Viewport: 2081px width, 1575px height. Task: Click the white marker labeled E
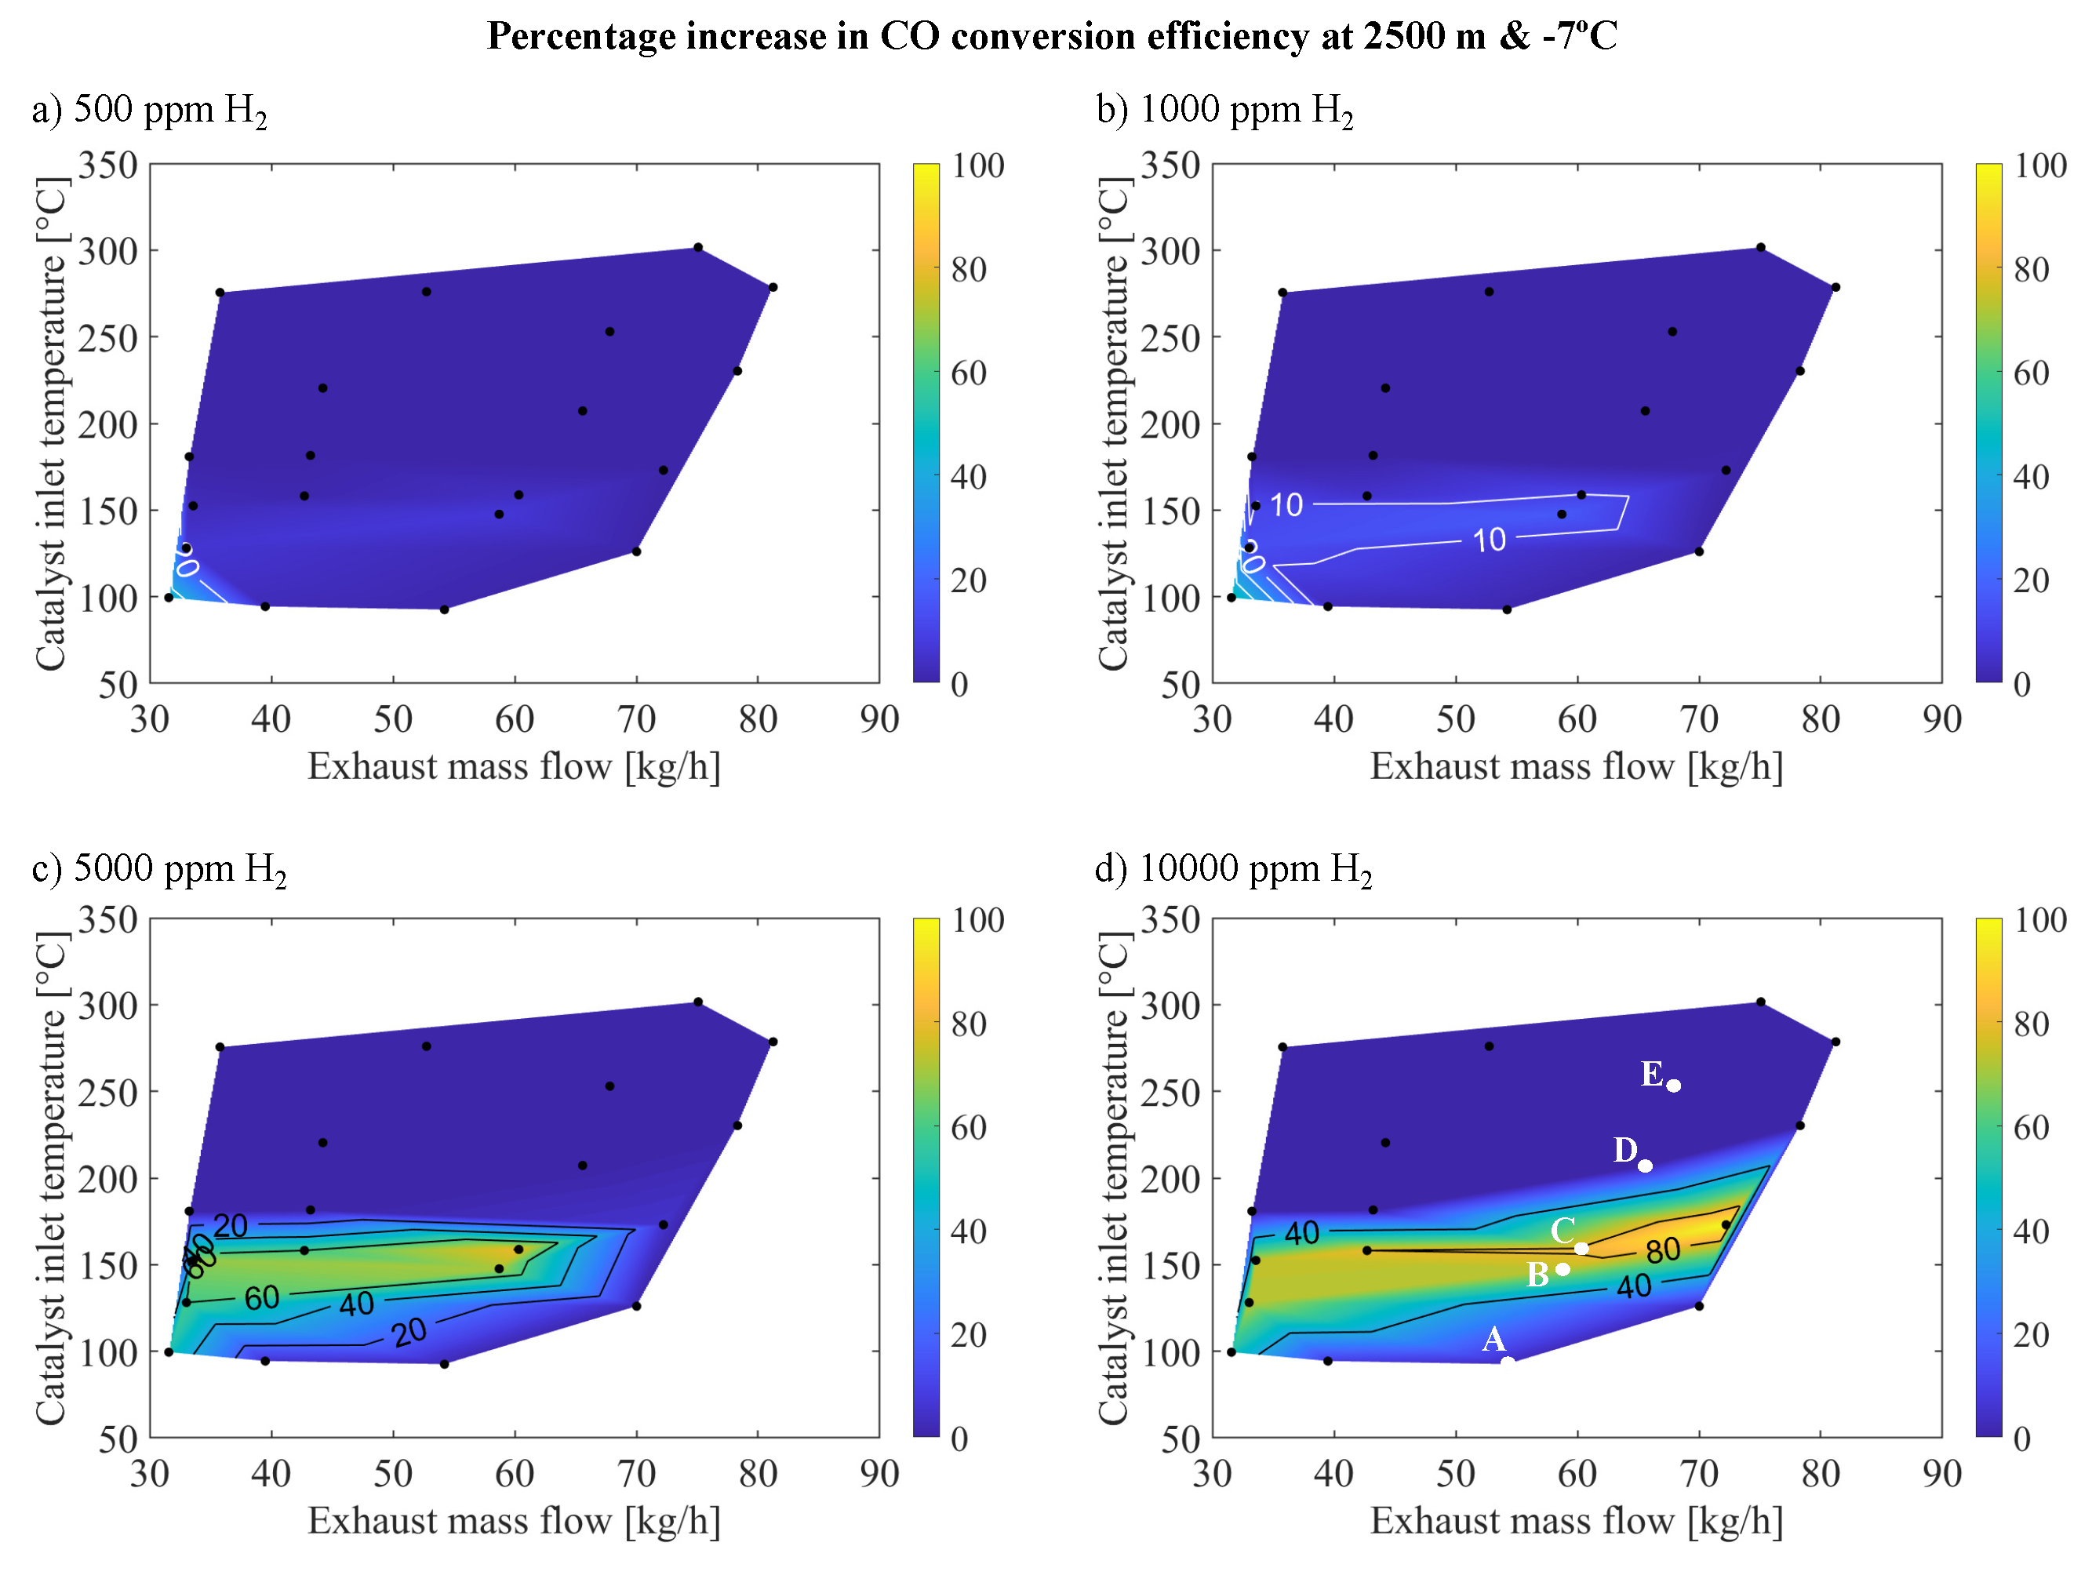point(1674,1086)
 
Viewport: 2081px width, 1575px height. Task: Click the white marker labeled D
point(1646,1166)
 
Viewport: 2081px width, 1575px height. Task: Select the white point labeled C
point(1581,1249)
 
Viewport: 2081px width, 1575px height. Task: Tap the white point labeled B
point(1563,1269)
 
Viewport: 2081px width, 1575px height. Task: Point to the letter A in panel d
point(1494,1339)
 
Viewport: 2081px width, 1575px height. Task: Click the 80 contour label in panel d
point(1662,1250)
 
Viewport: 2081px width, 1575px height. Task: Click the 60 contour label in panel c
point(261,1298)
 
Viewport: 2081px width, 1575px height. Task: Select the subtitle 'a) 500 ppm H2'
point(150,110)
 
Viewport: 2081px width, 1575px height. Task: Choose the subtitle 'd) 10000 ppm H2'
point(1233,868)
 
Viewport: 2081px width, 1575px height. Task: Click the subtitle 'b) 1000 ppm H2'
point(1225,110)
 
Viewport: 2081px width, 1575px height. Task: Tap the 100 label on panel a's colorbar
point(977,166)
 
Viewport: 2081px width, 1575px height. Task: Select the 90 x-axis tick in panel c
point(879,1473)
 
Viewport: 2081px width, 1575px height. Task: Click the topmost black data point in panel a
point(698,247)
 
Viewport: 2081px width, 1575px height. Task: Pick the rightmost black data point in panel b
point(1835,287)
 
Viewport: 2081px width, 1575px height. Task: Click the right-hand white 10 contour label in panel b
point(1490,540)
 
